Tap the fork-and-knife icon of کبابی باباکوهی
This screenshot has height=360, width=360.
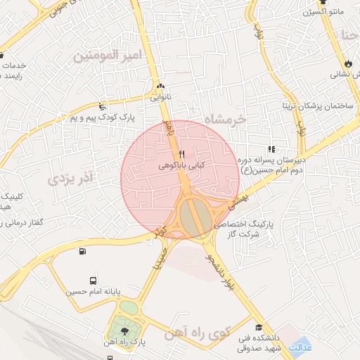(x=181, y=154)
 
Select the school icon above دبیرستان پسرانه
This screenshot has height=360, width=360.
(x=271, y=148)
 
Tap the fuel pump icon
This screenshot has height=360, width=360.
(x=84, y=252)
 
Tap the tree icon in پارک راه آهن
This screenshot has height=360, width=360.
(x=124, y=331)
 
